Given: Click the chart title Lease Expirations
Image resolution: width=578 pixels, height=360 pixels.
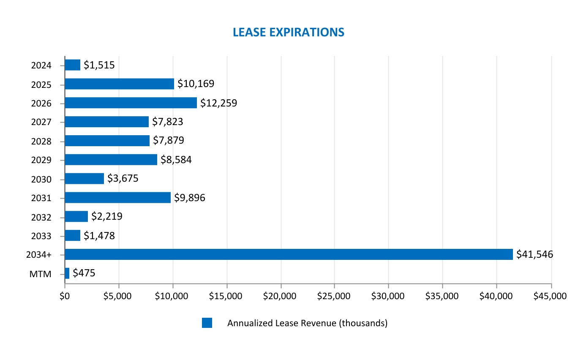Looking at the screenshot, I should click(x=289, y=32).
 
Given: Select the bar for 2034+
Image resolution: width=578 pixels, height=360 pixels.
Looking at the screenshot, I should click(x=289, y=254).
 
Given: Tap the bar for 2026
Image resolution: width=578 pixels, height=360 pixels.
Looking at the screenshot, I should click(x=131, y=103).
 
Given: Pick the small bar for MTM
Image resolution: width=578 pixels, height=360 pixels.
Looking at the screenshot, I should click(x=67, y=273).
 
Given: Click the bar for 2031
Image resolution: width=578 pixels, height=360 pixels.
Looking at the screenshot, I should click(x=117, y=198).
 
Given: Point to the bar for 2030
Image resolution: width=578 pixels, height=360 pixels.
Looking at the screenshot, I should click(x=84, y=179).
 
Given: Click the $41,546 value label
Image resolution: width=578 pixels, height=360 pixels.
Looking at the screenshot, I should click(x=534, y=254).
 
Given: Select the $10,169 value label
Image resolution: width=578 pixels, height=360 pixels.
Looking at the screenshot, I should click(x=196, y=84).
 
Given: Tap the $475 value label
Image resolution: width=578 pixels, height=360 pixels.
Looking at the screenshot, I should click(x=84, y=273).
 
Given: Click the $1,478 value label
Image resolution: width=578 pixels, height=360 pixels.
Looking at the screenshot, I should click(x=99, y=236).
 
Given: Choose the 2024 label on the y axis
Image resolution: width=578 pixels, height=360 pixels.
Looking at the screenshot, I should click(x=41, y=65).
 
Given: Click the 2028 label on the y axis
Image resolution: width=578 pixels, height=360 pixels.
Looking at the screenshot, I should click(x=41, y=141).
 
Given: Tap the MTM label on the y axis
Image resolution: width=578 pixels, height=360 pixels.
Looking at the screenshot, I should click(x=41, y=274).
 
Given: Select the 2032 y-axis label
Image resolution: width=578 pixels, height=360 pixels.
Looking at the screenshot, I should click(x=41, y=217).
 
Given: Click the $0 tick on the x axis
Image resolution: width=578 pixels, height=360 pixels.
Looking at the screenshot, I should click(x=65, y=296).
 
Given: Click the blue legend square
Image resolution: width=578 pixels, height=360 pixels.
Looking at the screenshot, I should click(x=207, y=323).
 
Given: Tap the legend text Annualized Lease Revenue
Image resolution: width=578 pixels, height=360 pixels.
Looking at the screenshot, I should click(x=307, y=323).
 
